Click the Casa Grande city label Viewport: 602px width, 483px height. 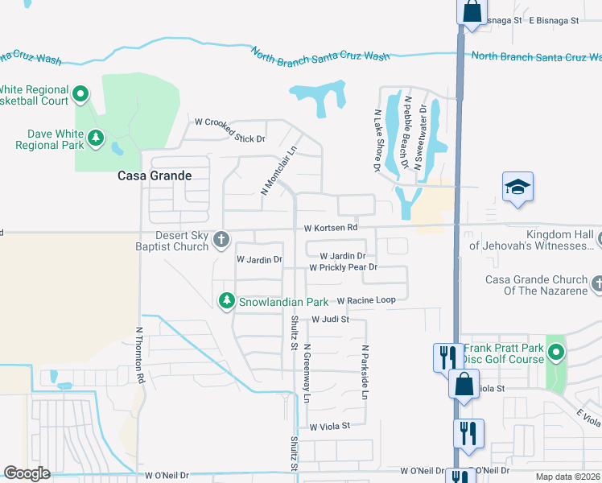pos(155,175)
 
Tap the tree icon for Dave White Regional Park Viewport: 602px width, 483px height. pos(96,139)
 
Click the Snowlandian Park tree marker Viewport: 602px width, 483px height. pos(227,301)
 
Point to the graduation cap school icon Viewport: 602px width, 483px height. pos(518,188)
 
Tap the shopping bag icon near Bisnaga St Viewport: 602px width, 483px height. pos(472,11)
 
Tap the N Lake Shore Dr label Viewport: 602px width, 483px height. pos(377,142)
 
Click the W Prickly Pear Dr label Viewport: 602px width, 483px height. pos(344,266)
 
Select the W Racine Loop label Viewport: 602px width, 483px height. pos(366,300)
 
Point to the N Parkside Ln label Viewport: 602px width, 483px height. pos(365,373)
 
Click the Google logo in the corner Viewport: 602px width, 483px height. pos(27,473)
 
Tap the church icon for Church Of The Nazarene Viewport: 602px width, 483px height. pos(597,284)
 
